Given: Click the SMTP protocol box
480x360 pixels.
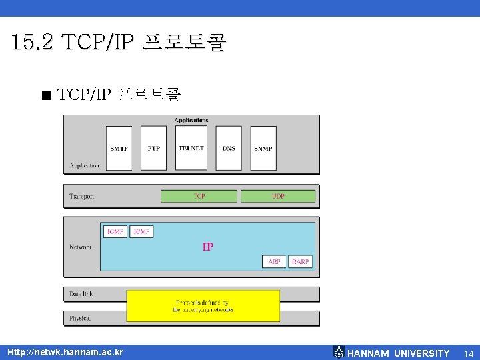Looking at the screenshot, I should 120,148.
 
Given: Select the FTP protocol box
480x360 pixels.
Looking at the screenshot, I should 154,148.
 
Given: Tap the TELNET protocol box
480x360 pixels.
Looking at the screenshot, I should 191,148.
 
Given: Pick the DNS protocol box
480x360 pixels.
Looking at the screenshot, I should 229,148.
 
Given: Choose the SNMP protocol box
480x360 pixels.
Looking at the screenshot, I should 263,148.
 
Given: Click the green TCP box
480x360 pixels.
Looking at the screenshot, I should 199,196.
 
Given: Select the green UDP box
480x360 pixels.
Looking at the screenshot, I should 278,196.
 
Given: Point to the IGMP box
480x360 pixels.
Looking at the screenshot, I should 115,231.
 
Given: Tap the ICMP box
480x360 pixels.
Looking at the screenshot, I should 141,231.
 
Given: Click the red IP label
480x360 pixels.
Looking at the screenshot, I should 208,247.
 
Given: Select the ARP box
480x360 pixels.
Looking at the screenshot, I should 274,262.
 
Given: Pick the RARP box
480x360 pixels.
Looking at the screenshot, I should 300,262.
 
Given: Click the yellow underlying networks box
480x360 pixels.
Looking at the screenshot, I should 203,306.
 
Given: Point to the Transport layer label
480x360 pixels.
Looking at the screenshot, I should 81,197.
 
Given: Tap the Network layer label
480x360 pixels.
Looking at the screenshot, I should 81,247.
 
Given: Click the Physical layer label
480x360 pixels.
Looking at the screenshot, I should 80,319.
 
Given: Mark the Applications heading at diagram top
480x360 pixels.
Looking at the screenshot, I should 191,121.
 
